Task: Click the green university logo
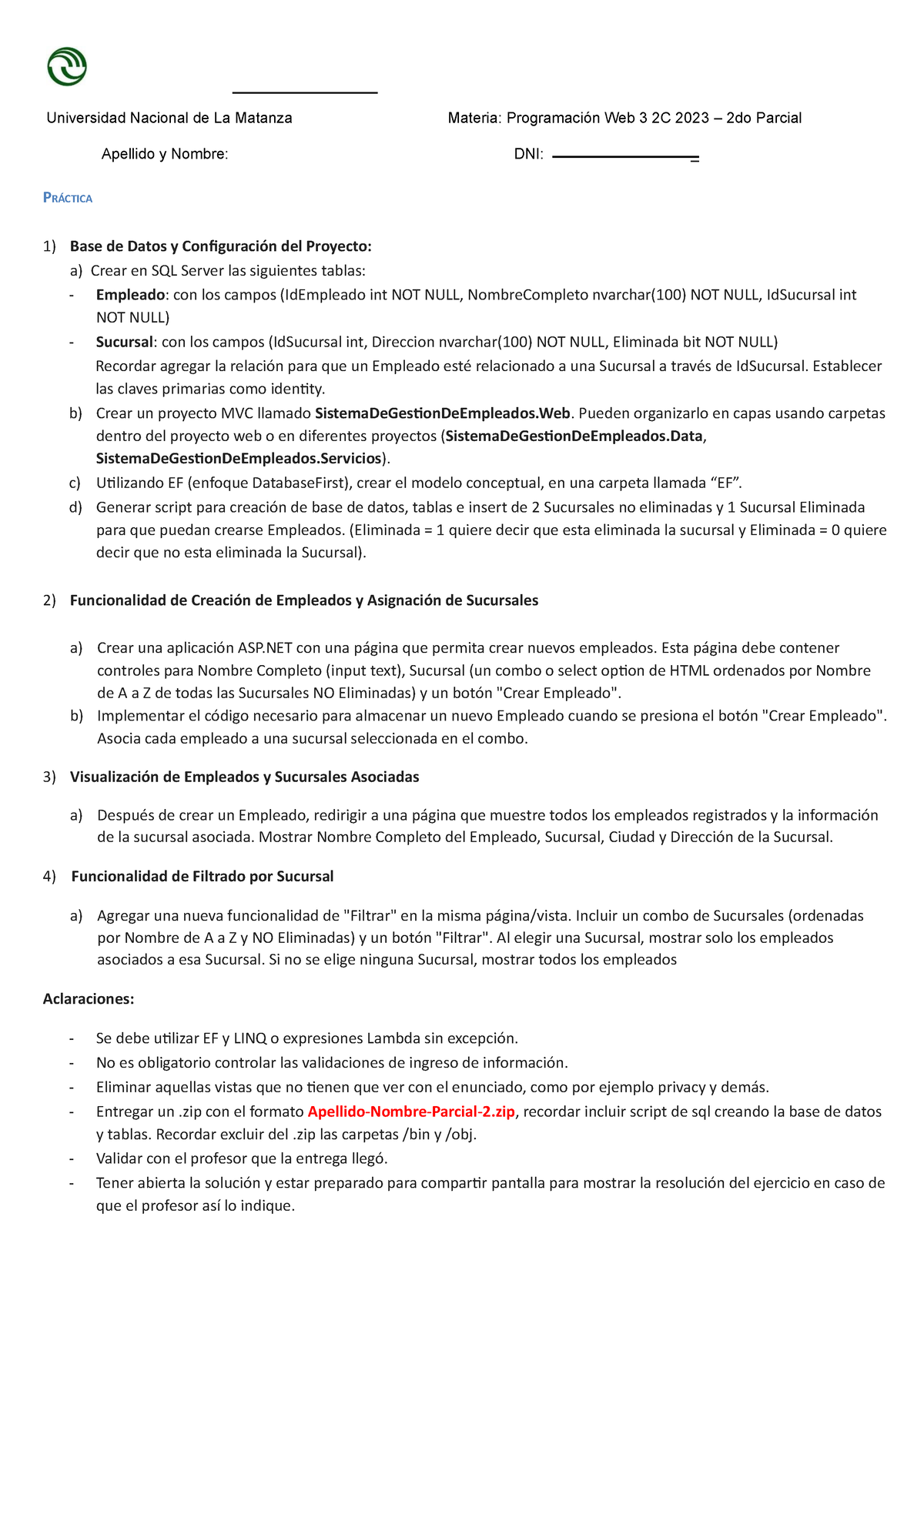pyautogui.click(x=67, y=66)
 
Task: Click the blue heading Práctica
pyautogui.click(x=68, y=199)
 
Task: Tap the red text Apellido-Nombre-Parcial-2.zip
pyautogui.click(x=411, y=1111)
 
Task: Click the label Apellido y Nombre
pyautogui.click(x=165, y=154)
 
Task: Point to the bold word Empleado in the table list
pyautogui.click(x=130, y=295)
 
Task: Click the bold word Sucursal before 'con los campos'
pyautogui.click(x=125, y=342)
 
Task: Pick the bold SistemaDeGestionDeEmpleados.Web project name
pyautogui.click(x=443, y=413)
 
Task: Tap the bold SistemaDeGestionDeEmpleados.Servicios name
pyautogui.click(x=239, y=459)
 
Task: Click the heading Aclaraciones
pyautogui.click(x=89, y=999)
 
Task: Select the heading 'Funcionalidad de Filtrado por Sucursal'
pyautogui.click(x=203, y=877)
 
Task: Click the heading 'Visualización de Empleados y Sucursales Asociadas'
pyautogui.click(x=244, y=777)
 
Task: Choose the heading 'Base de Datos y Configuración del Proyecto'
pyautogui.click(x=220, y=246)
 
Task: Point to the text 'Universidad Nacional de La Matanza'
pyautogui.click(x=169, y=118)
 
